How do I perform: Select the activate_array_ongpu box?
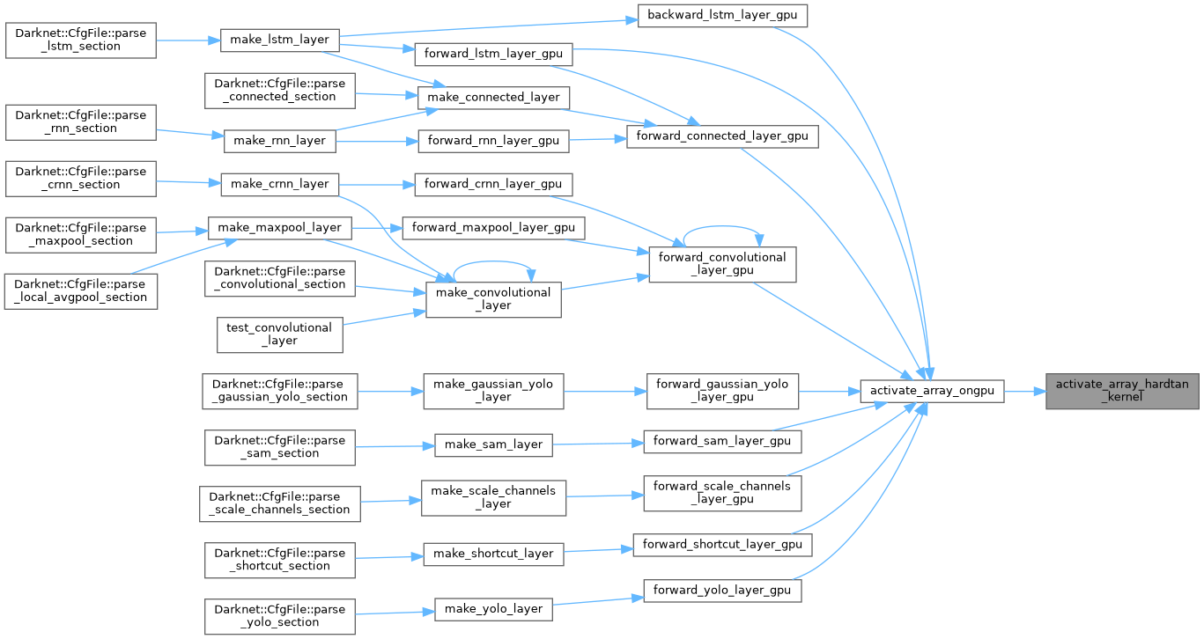pos(932,391)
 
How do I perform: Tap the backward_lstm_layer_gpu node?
pos(722,16)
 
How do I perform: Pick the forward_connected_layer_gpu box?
pos(722,136)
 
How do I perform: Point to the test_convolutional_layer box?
pos(280,334)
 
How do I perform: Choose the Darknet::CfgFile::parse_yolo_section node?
pos(280,615)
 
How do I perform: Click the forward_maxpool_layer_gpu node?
pos(493,228)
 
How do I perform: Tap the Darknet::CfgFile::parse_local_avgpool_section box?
pos(81,290)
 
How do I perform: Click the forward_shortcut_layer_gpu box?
pos(722,545)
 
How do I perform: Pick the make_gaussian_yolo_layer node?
pos(493,391)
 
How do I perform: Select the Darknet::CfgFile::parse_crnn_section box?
pos(81,178)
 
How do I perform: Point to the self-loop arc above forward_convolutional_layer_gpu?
pos(722,225)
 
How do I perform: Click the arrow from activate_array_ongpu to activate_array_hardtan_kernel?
pos(1024,391)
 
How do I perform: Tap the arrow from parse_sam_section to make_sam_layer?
pos(394,445)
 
